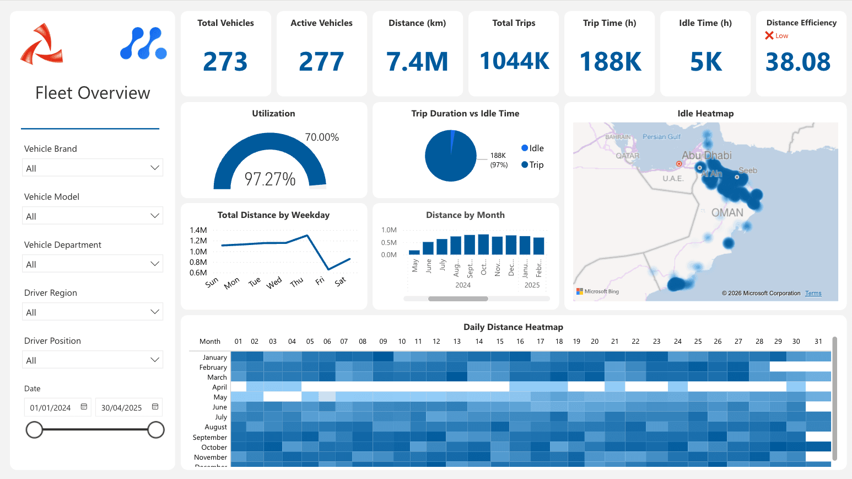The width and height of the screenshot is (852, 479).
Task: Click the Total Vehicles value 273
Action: [225, 61]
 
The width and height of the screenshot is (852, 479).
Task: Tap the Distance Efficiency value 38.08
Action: [798, 62]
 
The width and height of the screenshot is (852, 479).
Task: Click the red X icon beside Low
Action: [769, 36]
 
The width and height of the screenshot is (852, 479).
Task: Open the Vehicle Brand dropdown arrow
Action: [155, 168]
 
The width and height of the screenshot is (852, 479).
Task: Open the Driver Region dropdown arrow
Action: [155, 312]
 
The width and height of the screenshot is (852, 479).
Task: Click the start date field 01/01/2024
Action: [51, 408]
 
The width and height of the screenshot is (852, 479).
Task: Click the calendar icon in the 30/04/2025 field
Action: [155, 407]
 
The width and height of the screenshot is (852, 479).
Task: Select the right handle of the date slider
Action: [156, 430]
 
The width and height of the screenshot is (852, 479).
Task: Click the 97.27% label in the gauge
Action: [270, 179]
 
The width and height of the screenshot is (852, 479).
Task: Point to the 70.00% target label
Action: [322, 137]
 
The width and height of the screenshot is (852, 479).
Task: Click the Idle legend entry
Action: [532, 148]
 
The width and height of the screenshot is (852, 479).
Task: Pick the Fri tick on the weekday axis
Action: [320, 281]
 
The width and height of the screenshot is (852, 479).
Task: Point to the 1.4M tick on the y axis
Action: [198, 230]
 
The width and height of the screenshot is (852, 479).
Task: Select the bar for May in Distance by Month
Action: [414, 252]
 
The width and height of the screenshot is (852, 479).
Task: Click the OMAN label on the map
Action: [727, 212]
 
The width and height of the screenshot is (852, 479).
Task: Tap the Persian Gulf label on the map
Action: [661, 137]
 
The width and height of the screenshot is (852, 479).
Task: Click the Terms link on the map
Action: [813, 293]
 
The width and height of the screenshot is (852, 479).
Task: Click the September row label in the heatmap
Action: [210, 437]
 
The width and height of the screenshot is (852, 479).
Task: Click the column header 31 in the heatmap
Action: [818, 342]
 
